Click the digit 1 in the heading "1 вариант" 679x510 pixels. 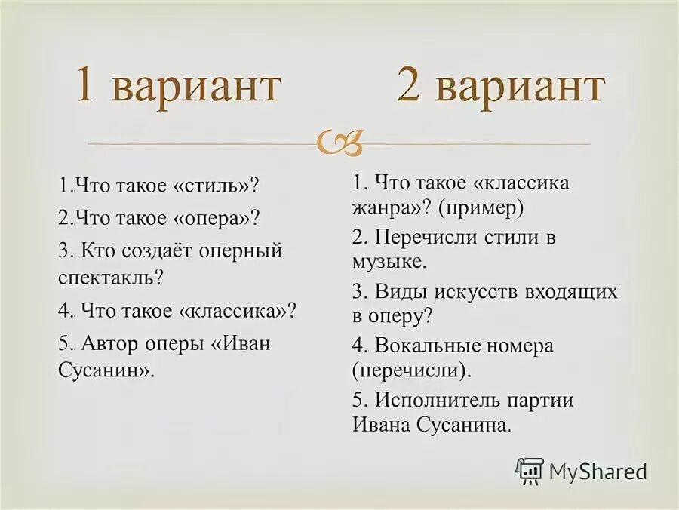coord(85,88)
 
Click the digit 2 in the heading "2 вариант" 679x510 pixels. coord(408,88)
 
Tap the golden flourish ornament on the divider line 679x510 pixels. coord(340,141)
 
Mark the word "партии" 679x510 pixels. coord(542,400)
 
